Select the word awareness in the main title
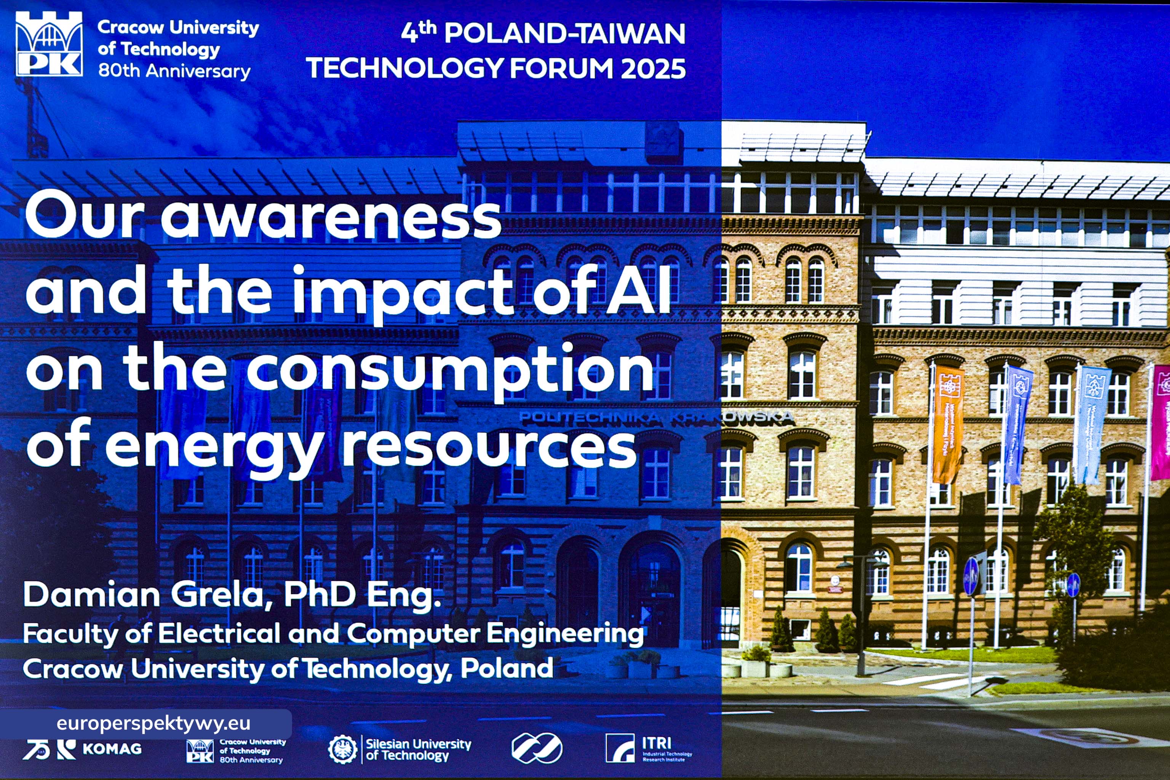(x=331, y=217)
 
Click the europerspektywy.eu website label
(x=153, y=723)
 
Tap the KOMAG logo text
(x=112, y=749)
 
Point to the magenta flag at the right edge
(x=1161, y=423)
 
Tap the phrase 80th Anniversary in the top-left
(x=174, y=71)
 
